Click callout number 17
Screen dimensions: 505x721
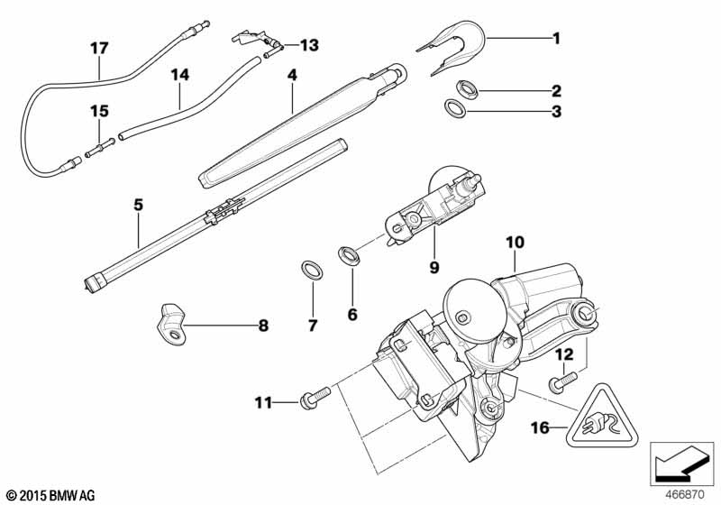[x=99, y=47]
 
